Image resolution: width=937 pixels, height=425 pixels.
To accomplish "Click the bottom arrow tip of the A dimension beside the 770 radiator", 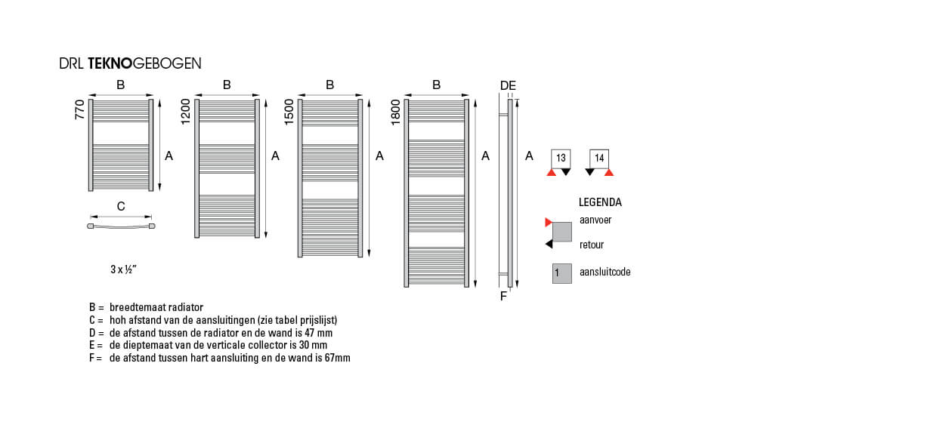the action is pyautogui.click(x=159, y=191).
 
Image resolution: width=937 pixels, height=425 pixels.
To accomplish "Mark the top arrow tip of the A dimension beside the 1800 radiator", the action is pyautogui.click(x=475, y=100).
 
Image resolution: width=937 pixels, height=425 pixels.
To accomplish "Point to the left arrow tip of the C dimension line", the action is pyautogui.click(x=91, y=217).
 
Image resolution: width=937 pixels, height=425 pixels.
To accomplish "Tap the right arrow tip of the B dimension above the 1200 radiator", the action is pyautogui.click(x=259, y=95).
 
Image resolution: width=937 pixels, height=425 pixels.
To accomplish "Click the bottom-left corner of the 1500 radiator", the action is pyautogui.click(x=298, y=257).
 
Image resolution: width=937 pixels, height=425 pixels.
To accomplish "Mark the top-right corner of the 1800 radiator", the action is pyautogui.click(x=469, y=100).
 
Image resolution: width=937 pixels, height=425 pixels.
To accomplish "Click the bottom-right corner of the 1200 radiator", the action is pyautogui.click(x=259, y=237).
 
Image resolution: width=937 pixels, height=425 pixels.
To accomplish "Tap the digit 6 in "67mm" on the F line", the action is pyautogui.click(x=326, y=358).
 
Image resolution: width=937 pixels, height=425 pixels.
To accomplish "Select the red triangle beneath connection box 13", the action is pyautogui.click(x=552, y=172).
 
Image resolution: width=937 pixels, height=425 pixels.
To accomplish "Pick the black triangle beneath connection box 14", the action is pyautogui.click(x=590, y=172).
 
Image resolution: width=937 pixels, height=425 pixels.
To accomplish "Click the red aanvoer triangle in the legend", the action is pyautogui.click(x=549, y=223).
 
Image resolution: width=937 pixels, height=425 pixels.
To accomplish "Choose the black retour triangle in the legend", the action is pyautogui.click(x=549, y=244).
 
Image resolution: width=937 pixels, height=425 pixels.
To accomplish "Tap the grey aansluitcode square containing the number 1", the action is pyautogui.click(x=561, y=274).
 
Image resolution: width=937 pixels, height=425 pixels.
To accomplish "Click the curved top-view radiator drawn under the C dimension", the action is pyautogui.click(x=121, y=226).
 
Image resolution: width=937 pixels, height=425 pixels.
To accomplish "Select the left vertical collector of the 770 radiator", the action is pyautogui.click(x=91, y=145).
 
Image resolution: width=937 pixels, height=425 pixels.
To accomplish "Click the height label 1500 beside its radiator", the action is pyautogui.click(x=289, y=112).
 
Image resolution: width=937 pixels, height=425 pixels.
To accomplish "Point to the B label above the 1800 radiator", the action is pyautogui.click(x=436, y=85).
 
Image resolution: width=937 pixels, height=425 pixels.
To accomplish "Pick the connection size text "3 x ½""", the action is pyautogui.click(x=123, y=269).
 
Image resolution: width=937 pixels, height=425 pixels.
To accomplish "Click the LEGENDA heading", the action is pyautogui.click(x=600, y=202).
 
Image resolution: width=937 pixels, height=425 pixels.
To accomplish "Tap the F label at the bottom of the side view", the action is pyautogui.click(x=503, y=296).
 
